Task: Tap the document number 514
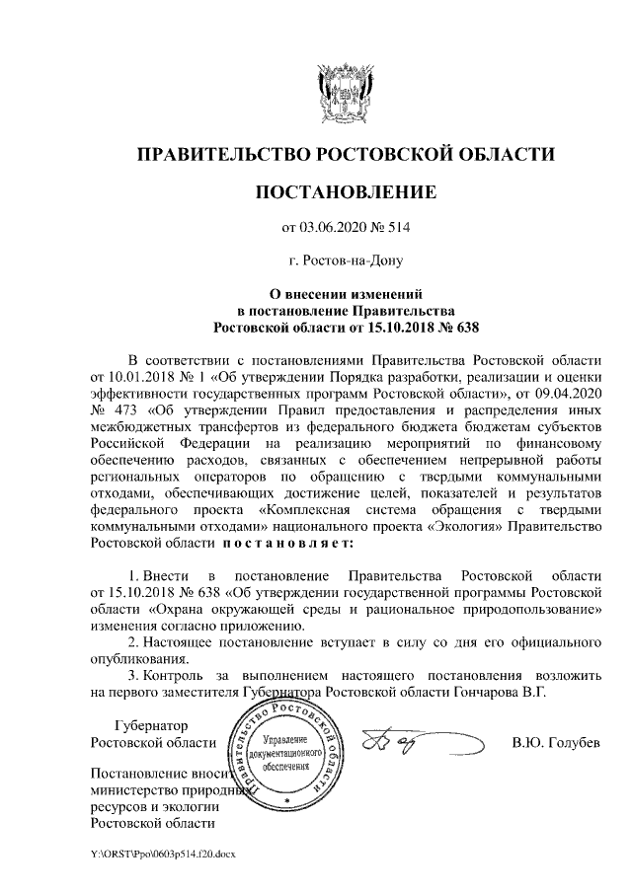396,229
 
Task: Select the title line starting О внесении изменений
346,292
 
